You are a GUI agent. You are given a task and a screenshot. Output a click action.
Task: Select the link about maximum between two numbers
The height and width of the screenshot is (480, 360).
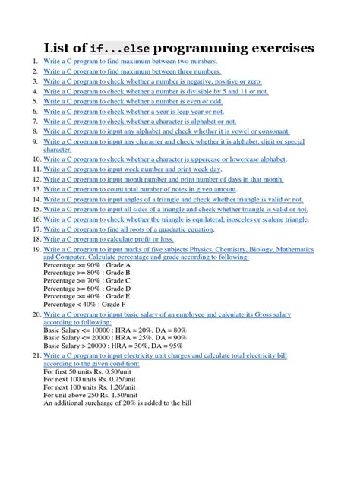click(130, 62)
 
